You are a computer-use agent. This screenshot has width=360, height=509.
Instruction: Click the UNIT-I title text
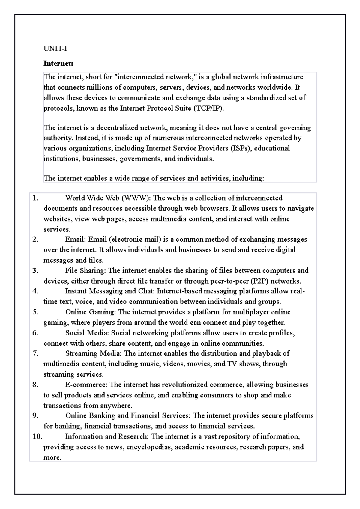(x=55, y=49)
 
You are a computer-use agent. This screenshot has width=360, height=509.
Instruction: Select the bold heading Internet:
(x=58, y=64)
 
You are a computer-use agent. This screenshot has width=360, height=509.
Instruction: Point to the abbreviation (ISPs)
(x=241, y=148)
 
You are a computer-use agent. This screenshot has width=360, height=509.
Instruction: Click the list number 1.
(x=35, y=198)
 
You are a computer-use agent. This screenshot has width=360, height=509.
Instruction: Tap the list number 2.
(x=35, y=240)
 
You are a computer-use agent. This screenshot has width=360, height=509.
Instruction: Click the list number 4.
(x=35, y=291)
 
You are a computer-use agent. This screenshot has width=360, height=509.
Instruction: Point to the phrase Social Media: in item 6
(x=87, y=333)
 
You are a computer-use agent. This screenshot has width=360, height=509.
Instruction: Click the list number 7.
(x=35, y=354)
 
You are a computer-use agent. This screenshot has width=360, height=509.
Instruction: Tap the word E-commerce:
(x=86, y=385)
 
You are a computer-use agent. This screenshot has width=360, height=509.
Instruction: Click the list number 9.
(x=35, y=416)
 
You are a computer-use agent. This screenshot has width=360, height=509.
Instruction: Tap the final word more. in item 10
(x=52, y=458)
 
